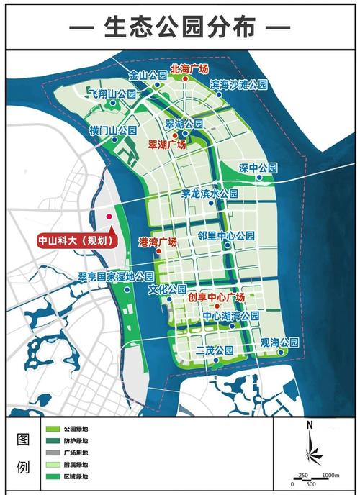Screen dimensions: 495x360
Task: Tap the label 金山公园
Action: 146,75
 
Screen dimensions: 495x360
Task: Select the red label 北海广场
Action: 189,69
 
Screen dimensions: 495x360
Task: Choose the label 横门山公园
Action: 113,131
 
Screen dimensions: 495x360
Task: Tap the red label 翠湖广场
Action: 167,145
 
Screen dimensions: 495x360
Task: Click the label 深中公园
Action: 258,168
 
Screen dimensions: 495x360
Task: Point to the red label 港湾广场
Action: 157,242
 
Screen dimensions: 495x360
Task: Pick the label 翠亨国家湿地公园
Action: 116,276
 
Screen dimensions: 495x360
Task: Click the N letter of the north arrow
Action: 308,424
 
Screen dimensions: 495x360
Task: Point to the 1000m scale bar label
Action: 330,475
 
